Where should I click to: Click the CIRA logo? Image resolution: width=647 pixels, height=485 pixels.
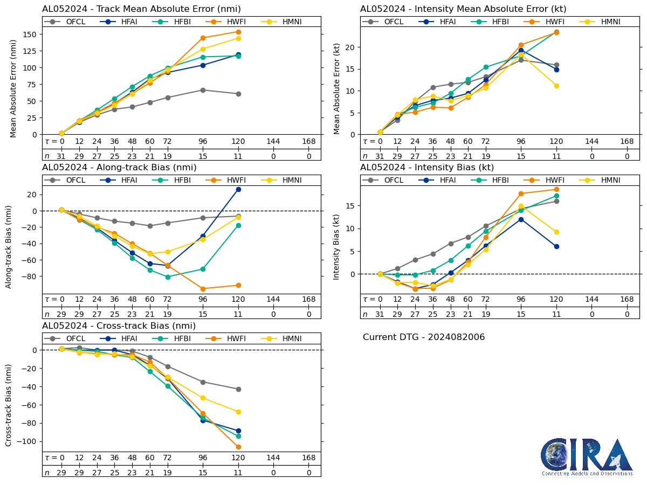tap(587, 456)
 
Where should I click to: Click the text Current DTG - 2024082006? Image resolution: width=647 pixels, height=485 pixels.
tap(424, 337)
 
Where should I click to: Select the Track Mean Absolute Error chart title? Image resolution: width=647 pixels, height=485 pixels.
tap(141, 9)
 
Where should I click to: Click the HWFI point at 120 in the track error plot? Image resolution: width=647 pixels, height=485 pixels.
tap(238, 32)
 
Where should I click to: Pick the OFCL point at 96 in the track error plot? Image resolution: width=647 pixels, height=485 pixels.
tap(203, 90)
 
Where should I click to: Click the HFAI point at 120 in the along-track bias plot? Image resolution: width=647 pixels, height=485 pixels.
tap(238, 189)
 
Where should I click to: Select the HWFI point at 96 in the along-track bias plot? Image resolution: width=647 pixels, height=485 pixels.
tap(203, 289)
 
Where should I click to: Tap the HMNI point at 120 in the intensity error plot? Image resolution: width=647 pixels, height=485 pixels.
tap(556, 86)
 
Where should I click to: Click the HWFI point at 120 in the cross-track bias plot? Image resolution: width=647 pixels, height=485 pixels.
tap(238, 447)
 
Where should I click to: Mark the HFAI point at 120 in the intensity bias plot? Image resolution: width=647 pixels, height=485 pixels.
tap(556, 246)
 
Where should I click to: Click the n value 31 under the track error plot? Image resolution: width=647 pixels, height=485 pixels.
tap(61, 156)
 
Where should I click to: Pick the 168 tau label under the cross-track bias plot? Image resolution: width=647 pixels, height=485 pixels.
tap(309, 458)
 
